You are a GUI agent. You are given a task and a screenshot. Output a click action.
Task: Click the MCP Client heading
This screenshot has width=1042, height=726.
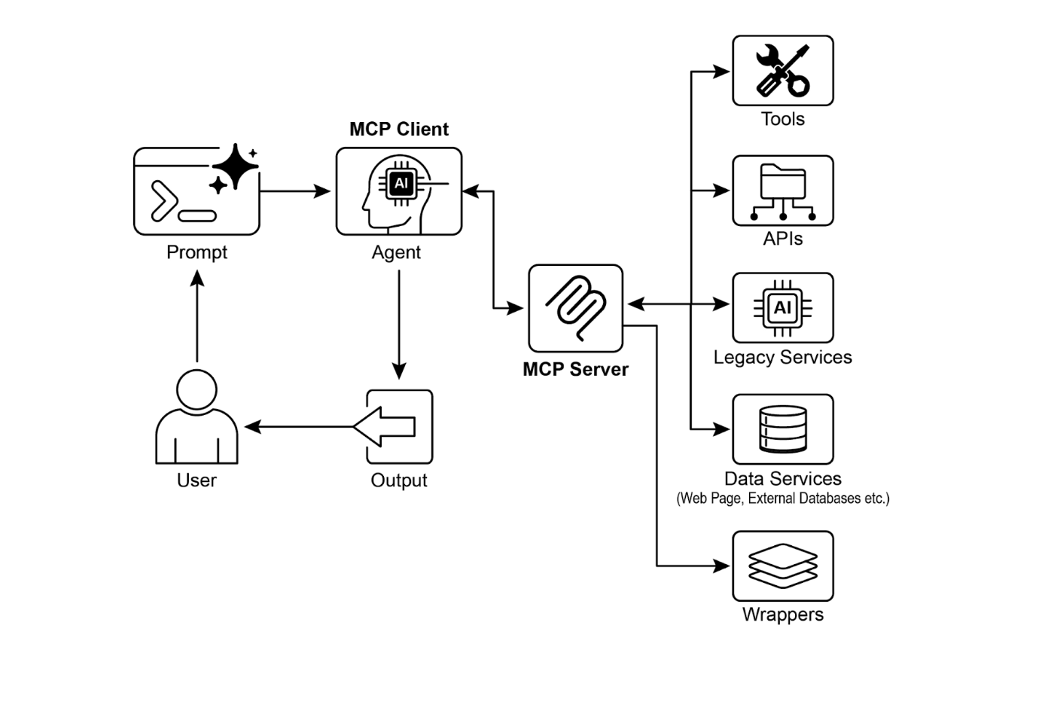[399, 130]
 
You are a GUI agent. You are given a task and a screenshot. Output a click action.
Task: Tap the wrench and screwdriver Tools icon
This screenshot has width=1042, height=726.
[782, 71]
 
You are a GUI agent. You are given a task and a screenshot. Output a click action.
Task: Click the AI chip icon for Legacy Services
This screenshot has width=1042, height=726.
[782, 307]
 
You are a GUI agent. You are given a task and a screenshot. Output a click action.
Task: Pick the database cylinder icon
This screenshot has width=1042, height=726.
[782, 429]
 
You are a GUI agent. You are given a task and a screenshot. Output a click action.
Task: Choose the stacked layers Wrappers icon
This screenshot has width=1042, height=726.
[782, 566]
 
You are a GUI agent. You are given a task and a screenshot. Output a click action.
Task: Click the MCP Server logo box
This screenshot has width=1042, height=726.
[575, 308]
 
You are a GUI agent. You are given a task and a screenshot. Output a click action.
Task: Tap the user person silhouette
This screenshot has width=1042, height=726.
[197, 417]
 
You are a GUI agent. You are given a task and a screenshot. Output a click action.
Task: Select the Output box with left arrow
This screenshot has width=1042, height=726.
[399, 426]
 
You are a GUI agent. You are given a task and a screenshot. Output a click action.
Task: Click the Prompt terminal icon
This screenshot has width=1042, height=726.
[196, 192]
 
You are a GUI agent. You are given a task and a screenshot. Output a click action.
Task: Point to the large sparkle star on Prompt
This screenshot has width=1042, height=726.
[235, 166]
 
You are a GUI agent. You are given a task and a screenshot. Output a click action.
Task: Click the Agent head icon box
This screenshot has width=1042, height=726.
[398, 191]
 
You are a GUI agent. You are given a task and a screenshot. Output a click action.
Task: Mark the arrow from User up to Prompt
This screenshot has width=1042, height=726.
[197, 316]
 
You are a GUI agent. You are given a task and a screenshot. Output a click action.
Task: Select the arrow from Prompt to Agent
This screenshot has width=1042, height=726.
[295, 191]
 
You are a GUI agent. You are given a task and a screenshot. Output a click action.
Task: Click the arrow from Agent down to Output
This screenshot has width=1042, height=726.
[399, 324]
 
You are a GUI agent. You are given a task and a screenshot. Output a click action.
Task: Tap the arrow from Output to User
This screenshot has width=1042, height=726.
[301, 427]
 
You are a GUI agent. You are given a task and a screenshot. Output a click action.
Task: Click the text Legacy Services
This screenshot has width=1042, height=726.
[782, 357]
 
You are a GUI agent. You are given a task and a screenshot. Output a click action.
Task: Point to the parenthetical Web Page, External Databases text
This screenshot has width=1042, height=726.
[782, 499]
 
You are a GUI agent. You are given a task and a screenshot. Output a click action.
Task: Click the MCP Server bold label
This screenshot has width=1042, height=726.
[575, 369]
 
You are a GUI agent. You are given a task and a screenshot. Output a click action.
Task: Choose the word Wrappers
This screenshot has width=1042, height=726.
[782, 615]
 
